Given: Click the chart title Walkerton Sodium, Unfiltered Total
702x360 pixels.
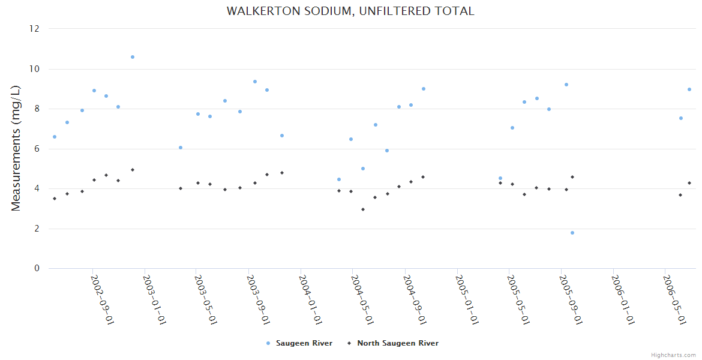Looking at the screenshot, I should point(350,11).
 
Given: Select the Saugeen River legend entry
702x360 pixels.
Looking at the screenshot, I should point(304,343).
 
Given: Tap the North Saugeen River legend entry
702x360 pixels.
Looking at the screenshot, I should point(397,343).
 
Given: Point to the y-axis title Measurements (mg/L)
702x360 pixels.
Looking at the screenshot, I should point(16,148).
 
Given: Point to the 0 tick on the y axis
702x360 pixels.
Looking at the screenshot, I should point(37,268).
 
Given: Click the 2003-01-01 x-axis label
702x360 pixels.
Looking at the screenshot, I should point(153,299).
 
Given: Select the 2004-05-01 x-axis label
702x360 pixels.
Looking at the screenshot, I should point(362,299).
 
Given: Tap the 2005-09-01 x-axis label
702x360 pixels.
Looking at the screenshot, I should point(570,299).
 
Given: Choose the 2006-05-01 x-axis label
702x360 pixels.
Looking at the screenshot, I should point(674,299).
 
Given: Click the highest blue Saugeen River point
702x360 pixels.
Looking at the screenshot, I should point(133,57).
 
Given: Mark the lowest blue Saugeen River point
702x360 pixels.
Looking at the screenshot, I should point(572,233).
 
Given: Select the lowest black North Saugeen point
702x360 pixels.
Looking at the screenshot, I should point(363,209).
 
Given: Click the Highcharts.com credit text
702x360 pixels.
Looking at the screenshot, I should point(673,355).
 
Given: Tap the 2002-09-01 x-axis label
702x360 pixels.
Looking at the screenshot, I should point(102,299).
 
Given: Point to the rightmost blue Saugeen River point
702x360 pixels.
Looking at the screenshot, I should point(689,89).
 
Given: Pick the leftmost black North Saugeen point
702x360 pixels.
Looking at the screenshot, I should point(55,199).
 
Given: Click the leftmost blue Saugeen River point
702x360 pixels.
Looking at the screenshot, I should point(55,137).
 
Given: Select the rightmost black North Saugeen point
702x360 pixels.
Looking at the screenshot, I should point(689,183).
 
